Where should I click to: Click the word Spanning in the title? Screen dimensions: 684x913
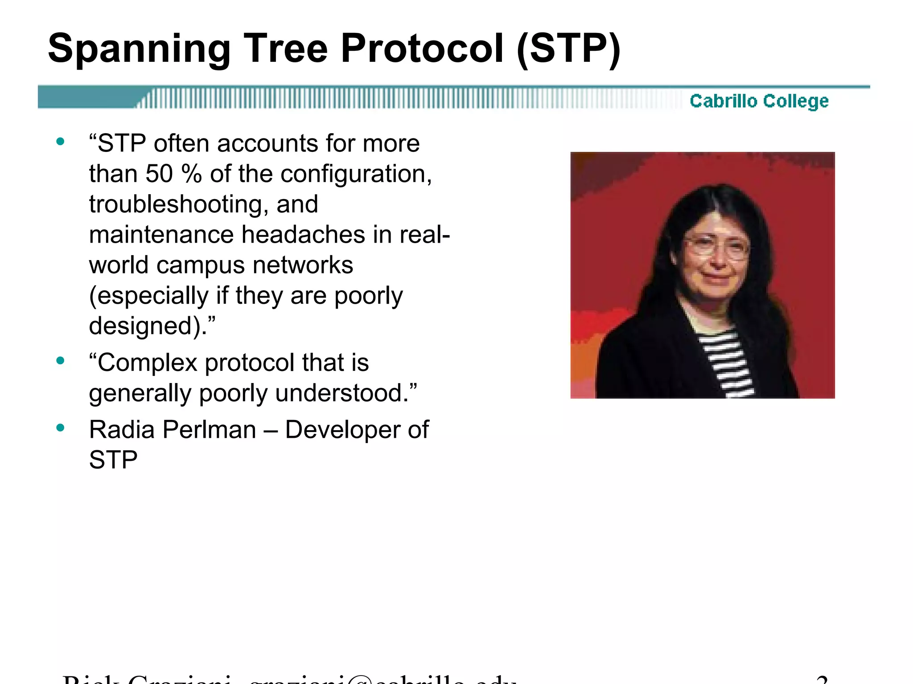tap(139, 49)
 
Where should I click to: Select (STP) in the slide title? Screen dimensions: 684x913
tap(568, 49)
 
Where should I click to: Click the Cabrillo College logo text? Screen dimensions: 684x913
tap(759, 101)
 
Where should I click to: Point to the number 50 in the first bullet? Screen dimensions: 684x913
tap(159, 174)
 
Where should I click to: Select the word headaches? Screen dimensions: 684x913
tap(303, 235)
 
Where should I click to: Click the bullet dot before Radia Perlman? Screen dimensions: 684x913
tap(61, 428)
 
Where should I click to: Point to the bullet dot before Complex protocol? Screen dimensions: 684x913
tap(61, 360)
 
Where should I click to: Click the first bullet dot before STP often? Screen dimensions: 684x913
tap(61, 142)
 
